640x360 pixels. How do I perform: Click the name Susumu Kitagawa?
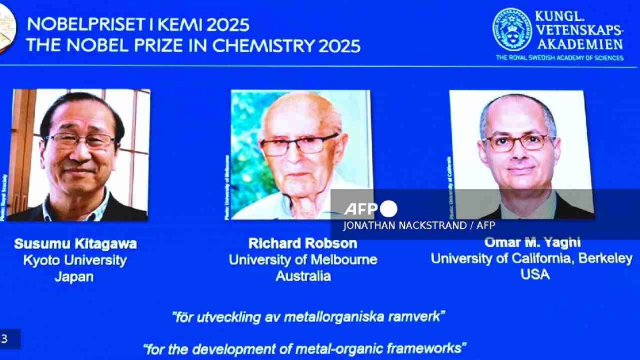pos(75,244)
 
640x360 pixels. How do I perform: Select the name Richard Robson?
pos(302,243)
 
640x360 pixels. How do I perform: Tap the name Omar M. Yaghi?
pos(532,242)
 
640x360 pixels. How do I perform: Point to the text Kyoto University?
pos(75,260)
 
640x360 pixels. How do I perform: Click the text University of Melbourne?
pos(303,260)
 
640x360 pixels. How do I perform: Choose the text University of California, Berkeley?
pos(532,258)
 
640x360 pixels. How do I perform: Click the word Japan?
pos(74,277)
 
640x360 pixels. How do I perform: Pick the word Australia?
pos(303,276)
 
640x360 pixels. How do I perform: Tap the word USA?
pos(534,274)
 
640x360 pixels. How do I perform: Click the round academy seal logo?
pos(511,30)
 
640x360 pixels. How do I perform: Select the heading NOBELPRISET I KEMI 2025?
pos(138,25)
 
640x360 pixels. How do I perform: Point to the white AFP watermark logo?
pos(370,209)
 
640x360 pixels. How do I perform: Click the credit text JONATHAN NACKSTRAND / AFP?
pos(419,225)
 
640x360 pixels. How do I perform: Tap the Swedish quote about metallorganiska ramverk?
pos(308,317)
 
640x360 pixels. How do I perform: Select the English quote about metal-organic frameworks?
pos(305,349)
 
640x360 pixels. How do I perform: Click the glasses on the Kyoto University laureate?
pos(80,141)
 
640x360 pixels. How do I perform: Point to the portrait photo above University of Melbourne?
pos(300,154)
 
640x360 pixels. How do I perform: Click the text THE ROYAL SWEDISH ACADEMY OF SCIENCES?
pos(559,58)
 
